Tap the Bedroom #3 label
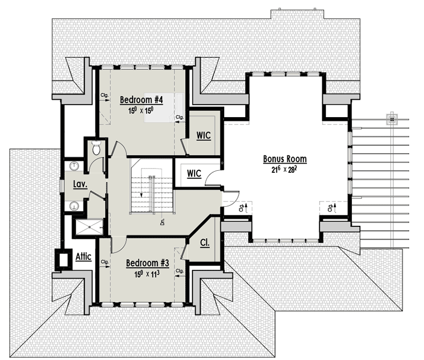coord(147,263)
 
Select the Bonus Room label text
coord(285,159)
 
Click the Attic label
coord(83,257)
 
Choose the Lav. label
coord(80,185)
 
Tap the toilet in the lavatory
coord(96,150)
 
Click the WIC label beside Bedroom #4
coord(204,136)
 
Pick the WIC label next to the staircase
coord(192,173)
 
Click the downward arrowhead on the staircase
coord(142,196)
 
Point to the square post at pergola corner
coord(392,118)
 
